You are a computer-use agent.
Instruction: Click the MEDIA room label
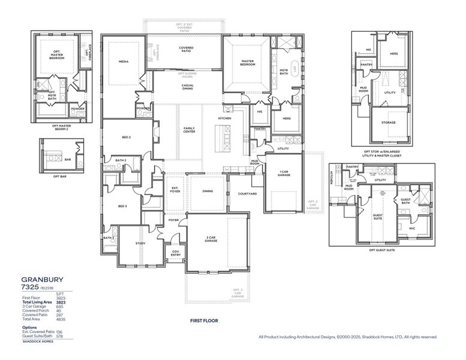(124, 61)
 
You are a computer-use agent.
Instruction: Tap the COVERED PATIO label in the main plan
(186, 50)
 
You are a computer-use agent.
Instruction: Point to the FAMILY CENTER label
(189, 130)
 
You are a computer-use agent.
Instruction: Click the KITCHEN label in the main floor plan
(225, 118)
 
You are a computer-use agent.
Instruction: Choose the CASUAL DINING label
(187, 87)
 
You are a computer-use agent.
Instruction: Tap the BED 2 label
(126, 137)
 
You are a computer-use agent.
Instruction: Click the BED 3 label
(122, 206)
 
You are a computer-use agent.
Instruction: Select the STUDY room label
(140, 243)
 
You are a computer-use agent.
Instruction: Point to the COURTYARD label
(247, 194)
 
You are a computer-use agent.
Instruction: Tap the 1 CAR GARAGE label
(284, 173)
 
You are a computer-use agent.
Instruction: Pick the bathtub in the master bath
(295, 68)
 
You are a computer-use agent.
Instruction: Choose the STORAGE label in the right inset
(389, 122)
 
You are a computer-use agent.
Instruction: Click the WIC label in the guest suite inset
(413, 228)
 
